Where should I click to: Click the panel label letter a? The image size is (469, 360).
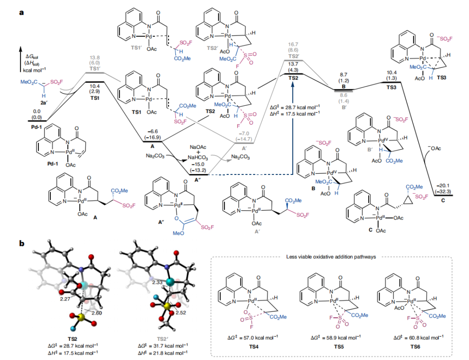[21, 12]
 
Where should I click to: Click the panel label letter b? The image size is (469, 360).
[21, 243]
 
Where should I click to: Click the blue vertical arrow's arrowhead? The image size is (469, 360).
[292, 120]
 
